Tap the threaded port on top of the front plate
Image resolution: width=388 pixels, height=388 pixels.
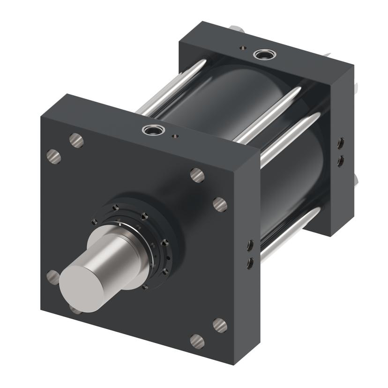click(150, 130)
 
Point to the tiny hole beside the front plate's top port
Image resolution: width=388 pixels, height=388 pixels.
click(175, 136)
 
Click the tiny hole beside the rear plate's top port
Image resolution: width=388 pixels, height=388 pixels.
click(242, 47)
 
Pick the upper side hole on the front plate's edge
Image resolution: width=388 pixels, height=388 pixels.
click(250, 245)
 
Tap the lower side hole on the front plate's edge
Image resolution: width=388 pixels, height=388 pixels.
click(250, 263)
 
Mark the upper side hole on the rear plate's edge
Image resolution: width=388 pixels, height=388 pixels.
click(340, 142)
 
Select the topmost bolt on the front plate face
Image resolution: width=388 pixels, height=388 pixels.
click(76, 140)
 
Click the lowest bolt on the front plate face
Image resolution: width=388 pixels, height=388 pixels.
click(197, 341)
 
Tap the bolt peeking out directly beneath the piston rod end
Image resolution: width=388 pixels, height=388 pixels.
click(75, 309)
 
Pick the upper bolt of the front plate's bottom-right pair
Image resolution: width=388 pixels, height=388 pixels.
click(220, 325)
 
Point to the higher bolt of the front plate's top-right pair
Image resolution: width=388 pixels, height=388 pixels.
click(197, 175)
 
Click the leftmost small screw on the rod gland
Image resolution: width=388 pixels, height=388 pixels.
click(95, 222)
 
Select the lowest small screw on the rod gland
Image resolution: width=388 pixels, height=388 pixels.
click(145, 286)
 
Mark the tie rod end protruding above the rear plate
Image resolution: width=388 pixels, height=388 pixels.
click(237, 30)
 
